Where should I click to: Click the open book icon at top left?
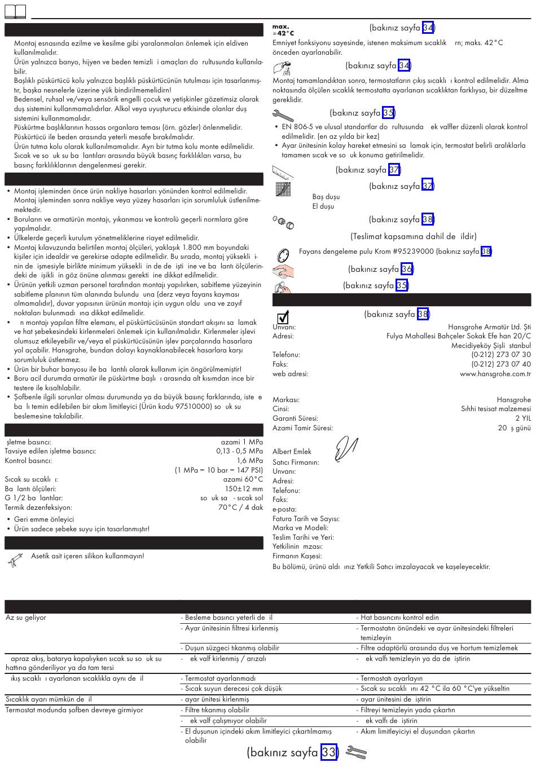coord(16,10)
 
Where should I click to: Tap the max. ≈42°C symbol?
coord(283,30)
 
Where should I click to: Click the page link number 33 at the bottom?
coord(329,752)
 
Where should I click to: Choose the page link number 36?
coord(407,269)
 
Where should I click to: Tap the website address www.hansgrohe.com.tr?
coord(495,373)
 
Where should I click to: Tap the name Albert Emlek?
coord(292,452)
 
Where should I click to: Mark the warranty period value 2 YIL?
coord(522,418)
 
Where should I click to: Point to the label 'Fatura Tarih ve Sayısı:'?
coord(306,519)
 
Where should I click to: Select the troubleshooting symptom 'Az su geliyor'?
coord(26,618)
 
